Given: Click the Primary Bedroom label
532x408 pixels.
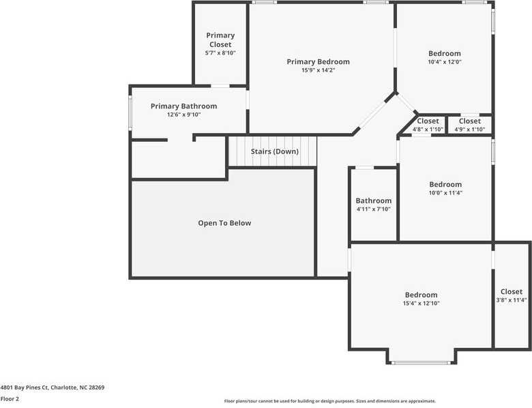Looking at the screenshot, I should (318, 61).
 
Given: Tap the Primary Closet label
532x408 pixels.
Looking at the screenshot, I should (220, 40).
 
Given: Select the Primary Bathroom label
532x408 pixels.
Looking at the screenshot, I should (183, 106).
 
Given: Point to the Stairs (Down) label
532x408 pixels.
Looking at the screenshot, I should (274, 151).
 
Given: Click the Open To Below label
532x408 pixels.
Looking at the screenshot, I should (224, 223).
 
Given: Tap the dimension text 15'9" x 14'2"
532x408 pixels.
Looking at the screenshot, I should (318, 70).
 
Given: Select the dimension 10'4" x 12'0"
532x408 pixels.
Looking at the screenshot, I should (444, 62).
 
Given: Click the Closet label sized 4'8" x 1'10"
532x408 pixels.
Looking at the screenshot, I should (428, 121).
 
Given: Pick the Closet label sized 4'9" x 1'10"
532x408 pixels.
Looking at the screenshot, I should (469, 121).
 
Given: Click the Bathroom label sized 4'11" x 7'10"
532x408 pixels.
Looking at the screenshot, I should (373, 201).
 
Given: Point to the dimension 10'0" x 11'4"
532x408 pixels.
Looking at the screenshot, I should (445, 193).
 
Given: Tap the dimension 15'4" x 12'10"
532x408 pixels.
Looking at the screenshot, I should (421, 304).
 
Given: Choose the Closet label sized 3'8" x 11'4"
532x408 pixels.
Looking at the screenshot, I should (511, 292).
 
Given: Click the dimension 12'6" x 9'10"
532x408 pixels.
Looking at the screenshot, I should (183, 115).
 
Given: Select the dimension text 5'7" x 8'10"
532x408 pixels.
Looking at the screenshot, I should (220, 53).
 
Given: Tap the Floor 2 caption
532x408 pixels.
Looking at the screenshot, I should (10, 398).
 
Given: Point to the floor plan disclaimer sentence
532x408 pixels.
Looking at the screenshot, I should (329, 401).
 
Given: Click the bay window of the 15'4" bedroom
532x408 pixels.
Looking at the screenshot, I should (421, 362).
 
